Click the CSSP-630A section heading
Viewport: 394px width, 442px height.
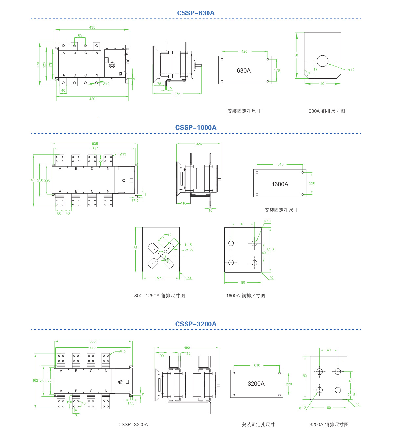[x=196, y=13]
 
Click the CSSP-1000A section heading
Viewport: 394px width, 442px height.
[x=196, y=128]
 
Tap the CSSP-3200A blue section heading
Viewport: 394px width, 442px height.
[x=196, y=324]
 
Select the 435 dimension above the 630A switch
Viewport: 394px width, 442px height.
[x=92, y=28]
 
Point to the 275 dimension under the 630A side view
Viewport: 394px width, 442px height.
[x=177, y=94]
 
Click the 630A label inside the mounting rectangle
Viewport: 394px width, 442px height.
[x=244, y=70]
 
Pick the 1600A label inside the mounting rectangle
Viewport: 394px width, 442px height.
[x=280, y=184]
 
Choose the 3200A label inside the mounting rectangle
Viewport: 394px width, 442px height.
[x=256, y=384]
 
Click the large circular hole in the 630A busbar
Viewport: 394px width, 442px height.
[x=322, y=61]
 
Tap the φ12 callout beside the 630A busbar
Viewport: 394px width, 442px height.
[x=351, y=70]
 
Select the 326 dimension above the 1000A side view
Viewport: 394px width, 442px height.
[x=199, y=144]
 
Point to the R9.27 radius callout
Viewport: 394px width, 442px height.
[x=189, y=250]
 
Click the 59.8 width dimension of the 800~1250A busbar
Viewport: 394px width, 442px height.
[x=161, y=278]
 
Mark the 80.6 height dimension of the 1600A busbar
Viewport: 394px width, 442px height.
[x=270, y=250]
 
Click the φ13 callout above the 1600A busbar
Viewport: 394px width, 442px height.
[x=267, y=221]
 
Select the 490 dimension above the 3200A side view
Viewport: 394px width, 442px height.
[x=187, y=347]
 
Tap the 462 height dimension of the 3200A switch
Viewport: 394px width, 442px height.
[x=35, y=381]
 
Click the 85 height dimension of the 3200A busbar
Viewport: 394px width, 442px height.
[x=305, y=375]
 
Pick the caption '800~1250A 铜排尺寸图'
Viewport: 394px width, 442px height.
[x=159, y=296]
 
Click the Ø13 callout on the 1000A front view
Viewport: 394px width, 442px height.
[x=123, y=154]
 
